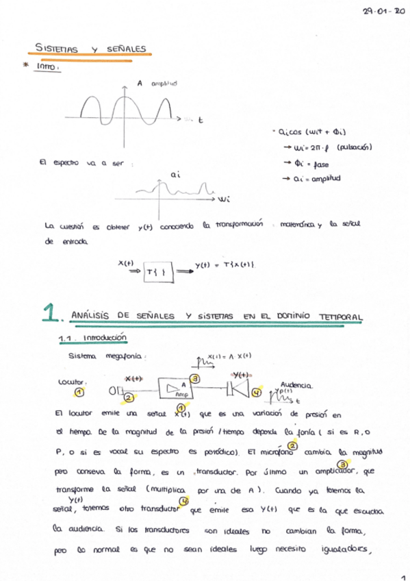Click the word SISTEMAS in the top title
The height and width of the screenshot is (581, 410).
pos(57,50)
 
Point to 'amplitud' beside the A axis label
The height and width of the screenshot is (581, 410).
pos(164,84)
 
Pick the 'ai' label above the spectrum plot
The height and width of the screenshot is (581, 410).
pos(175,175)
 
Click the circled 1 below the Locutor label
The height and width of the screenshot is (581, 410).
pos(79,391)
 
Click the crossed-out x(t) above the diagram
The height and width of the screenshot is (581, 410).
pos(133,378)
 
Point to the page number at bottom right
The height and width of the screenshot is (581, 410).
pos(404,576)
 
